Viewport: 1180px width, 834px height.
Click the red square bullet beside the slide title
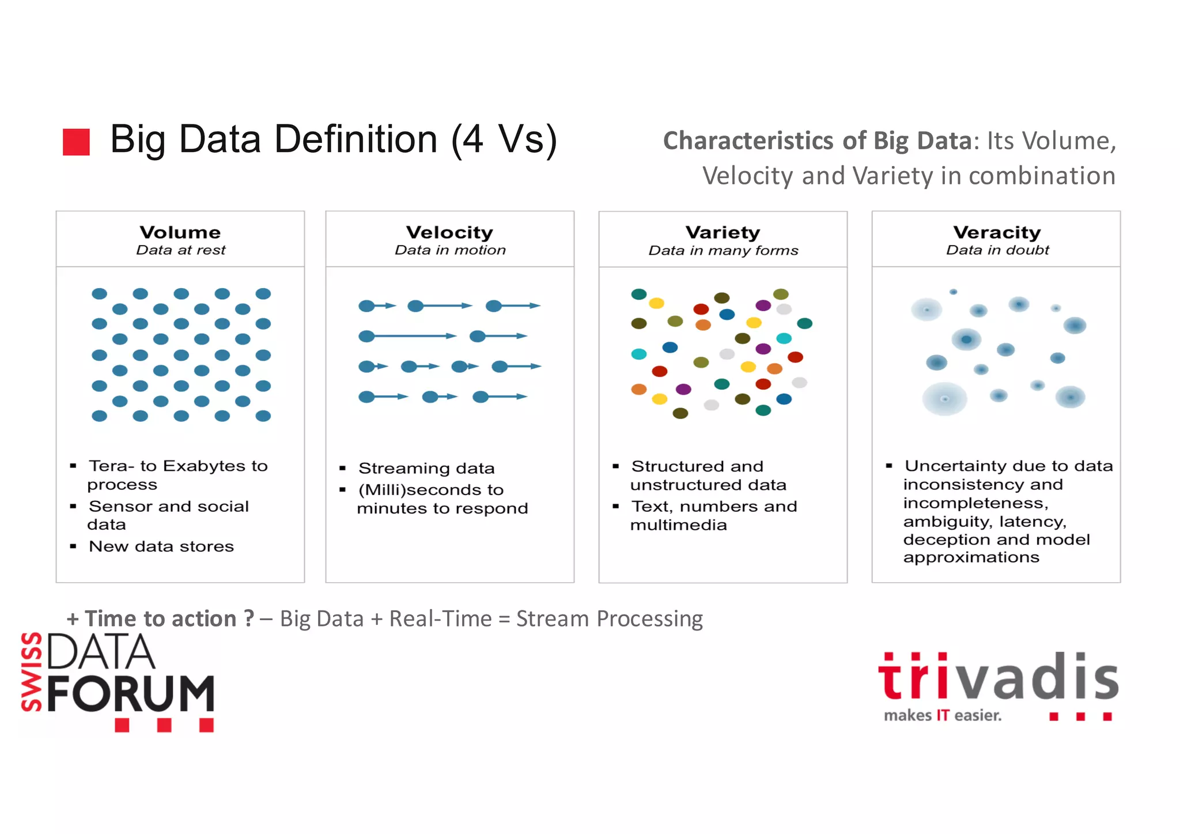point(76,142)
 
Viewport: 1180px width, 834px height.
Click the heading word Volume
point(180,232)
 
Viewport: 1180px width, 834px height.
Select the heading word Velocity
point(449,232)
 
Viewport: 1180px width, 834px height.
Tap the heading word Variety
point(723,232)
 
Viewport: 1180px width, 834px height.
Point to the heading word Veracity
point(997,232)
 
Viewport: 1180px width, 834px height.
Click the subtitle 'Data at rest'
point(180,250)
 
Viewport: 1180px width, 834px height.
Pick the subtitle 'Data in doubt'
point(997,250)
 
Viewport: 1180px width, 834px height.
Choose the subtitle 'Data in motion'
point(450,250)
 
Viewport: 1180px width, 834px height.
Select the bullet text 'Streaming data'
point(426,468)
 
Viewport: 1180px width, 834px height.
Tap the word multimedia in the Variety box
point(678,525)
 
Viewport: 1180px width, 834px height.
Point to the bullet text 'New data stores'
point(161,546)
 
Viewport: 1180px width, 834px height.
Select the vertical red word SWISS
point(32,672)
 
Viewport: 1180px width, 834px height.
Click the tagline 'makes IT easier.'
point(943,716)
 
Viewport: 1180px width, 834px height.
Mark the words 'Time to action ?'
point(169,619)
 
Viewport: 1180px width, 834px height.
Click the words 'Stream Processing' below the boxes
point(609,619)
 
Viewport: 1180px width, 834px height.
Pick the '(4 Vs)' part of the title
point(504,139)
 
